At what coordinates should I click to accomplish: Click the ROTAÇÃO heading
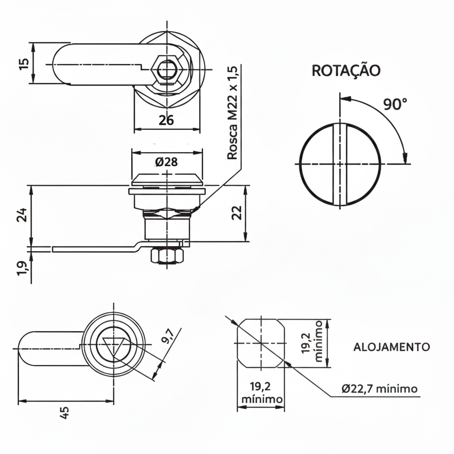pyautogui.click(x=346, y=70)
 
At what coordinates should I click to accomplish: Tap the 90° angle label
pyautogui.click(x=395, y=105)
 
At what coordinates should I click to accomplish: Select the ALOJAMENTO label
pyautogui.click(x=391, y=347)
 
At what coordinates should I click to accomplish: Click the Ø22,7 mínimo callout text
pyautogui.click(x=380, y=389)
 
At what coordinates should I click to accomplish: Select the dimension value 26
pyautogui.click(x=166, y=120)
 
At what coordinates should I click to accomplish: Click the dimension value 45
pyautogui.click(x=65, y=413)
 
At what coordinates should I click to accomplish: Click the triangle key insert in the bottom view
pyautogui.click(x=113, y=347)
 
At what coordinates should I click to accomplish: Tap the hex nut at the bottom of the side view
pyautogui.click(x=167, y=256)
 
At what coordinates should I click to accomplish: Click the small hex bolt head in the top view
pyautogui.click(x=167, y=69)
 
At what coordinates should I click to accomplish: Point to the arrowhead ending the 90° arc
pyautogui.click(x=404, y=159)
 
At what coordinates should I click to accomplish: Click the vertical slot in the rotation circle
pyautogui.click(x=340, y=164)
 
